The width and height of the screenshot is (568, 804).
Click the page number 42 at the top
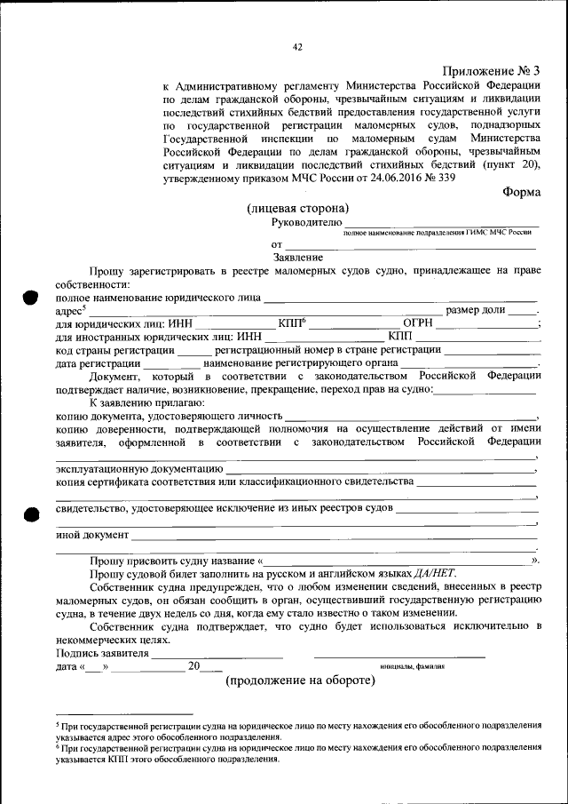click(297, 47)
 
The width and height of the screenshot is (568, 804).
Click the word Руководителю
click(306, 222)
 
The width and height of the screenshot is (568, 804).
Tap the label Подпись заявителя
click(101, 653)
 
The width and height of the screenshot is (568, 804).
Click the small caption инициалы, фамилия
click(411, 665)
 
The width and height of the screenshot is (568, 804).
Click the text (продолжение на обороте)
click(300, 681)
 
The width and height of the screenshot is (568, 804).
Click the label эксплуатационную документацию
click(138, 467)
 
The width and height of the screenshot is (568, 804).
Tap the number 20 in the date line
click(193, 665)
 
